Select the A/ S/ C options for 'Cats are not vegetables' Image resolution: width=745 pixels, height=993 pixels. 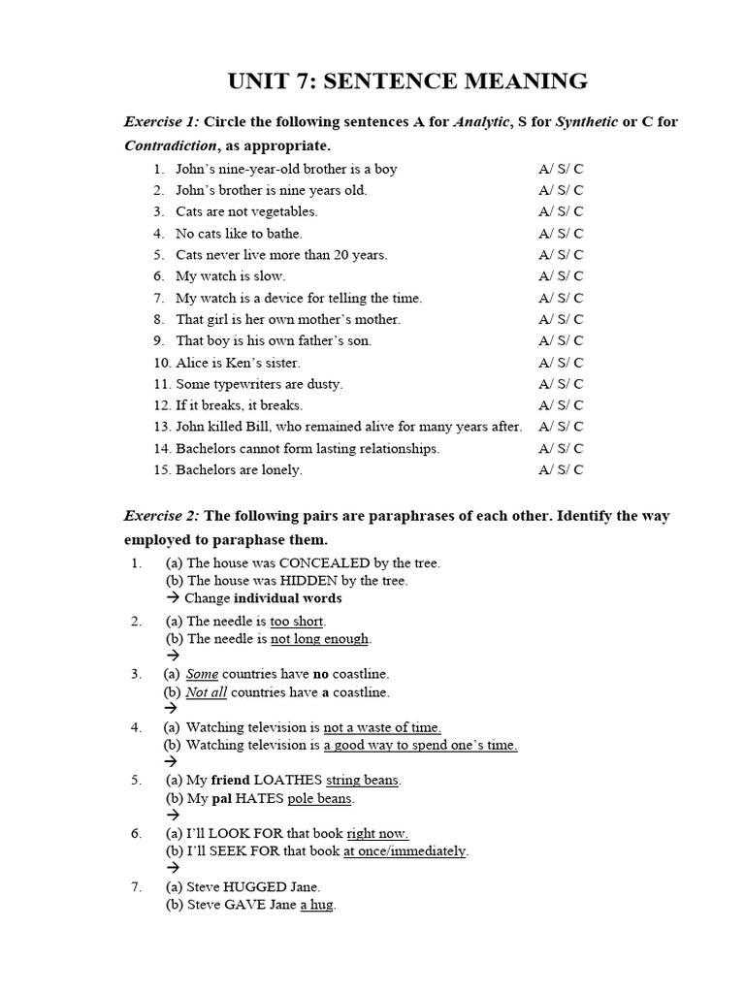(561, 211)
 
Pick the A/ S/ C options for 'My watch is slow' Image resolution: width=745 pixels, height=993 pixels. (561, 276)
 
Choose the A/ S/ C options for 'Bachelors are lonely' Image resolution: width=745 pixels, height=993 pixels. (561, 470)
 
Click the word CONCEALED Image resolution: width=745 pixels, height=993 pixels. (324, 562)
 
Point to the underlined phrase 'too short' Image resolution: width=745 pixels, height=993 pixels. (297, 621)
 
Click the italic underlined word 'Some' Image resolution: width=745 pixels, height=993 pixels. (202, 674)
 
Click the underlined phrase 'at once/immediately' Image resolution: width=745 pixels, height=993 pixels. (405, 851)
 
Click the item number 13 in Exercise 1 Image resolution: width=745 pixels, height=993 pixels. (162, 427)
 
